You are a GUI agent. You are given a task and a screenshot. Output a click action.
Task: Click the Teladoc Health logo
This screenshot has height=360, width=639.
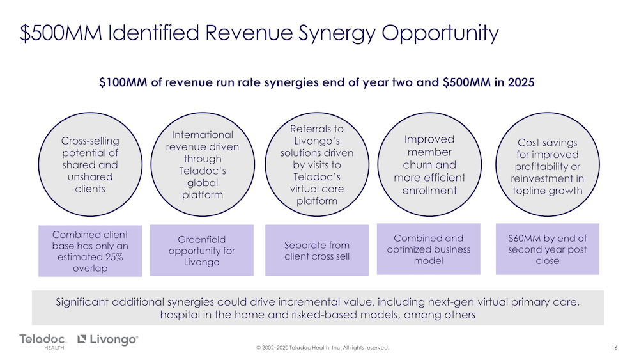tap(42, 341)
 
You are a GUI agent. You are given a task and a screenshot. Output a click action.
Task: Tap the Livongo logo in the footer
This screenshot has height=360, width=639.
tap(108, 339)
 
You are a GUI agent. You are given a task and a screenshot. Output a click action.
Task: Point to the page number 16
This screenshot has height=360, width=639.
tap(615, 348)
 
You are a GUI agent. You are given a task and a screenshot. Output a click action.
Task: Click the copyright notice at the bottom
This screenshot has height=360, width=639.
tap(322, 348)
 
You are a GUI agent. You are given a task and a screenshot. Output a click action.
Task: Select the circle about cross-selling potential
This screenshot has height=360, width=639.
tap(90, 164)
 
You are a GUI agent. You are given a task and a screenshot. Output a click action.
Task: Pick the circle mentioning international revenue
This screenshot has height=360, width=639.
tap(203, 164)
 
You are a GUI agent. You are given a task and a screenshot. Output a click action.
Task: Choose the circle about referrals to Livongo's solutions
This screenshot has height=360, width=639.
tap(317, 164)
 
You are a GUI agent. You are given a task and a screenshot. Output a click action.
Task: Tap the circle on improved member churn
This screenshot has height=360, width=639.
tap(429, 164)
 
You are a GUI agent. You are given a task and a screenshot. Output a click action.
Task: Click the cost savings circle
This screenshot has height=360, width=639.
tap(548, 164)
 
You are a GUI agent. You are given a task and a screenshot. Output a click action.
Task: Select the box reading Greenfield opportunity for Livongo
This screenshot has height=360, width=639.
tap(202, 250)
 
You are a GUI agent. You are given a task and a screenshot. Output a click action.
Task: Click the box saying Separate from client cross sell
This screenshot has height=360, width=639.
tap(317, 250)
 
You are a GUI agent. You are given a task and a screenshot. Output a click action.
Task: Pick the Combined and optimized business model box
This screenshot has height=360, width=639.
tap(429, 249)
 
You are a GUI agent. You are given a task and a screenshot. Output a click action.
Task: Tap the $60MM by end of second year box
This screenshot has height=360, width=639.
tap(548, 249)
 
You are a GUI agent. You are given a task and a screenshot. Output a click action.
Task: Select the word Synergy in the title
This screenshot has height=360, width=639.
tap(337, 33)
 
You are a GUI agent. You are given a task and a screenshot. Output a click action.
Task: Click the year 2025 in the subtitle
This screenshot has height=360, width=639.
tap(521, 82)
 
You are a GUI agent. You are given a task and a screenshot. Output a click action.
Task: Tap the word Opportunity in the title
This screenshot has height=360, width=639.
tap(440, 33)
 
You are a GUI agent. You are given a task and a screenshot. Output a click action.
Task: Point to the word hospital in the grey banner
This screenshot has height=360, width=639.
tap(176, 315)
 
